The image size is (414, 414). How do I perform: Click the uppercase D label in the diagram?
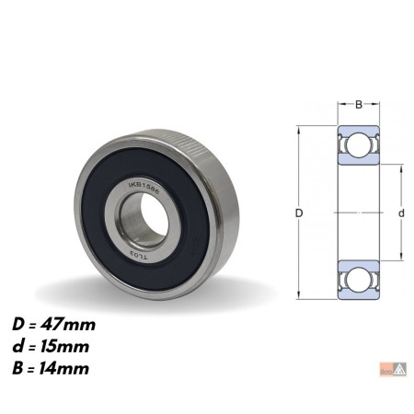coord(300,213)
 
